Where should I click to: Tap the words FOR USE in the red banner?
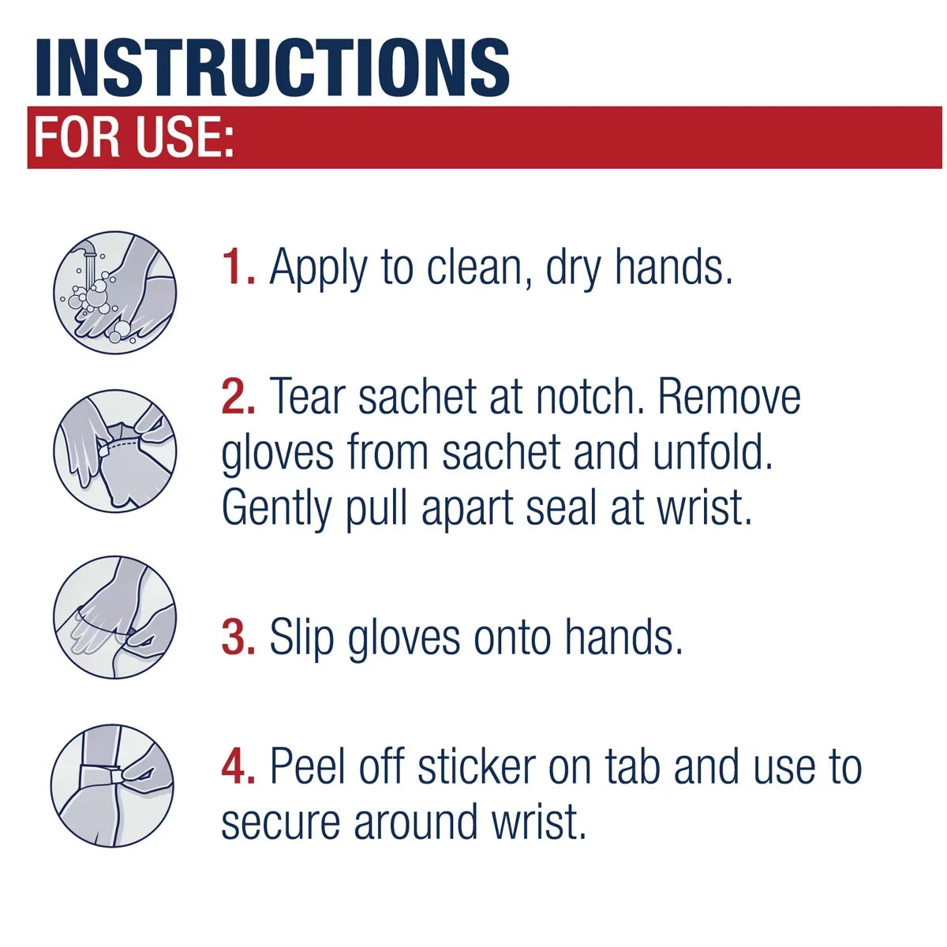[x=133, y=137]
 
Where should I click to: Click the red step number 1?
[x=238, y=266]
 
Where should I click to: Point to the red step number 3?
[x=238, y=637]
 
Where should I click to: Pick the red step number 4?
[x=238, y=766]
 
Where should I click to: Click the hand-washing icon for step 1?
[x=114, y=293]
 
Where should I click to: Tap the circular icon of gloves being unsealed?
[x=114, y=451]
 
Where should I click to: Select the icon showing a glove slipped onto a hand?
[x=114, y=617]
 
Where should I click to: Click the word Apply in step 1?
[x=318, y=269]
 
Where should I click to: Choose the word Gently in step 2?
[x=277, y=511]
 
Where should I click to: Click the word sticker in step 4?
[x=477, y=766]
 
